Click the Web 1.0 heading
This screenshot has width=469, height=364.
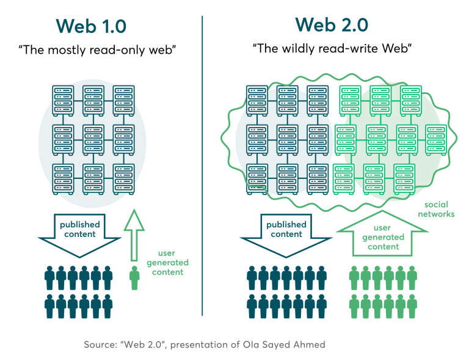point(91,27)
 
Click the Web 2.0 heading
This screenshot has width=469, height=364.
point(332,25)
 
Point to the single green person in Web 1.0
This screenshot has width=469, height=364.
point(134,277)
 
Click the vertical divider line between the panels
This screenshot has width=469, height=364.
point(203,165)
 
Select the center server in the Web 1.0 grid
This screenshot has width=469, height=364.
point(93,139)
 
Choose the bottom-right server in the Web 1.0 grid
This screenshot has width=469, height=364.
point(124,179)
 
